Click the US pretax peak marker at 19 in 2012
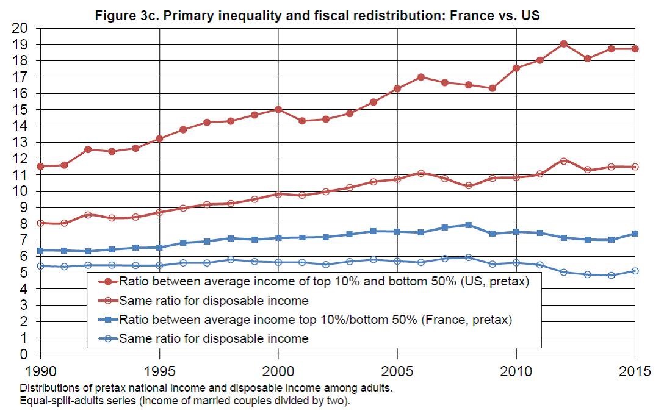click(x=564, y=44)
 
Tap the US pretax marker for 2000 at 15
click(x=278, y=109)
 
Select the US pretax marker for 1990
click(x=41, y=166)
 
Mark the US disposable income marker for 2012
click(x=564, y=161)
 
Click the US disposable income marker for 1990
click(x=41, y=223)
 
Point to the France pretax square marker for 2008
click(x=469, y=225)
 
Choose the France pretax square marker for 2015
click(x=635, y=234)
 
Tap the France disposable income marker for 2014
click(x=612, y=275)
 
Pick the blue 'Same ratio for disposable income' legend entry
click(x=214, y=338)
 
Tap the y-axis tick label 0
click(x=24, y=354)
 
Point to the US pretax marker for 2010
click(x=516, y=68)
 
